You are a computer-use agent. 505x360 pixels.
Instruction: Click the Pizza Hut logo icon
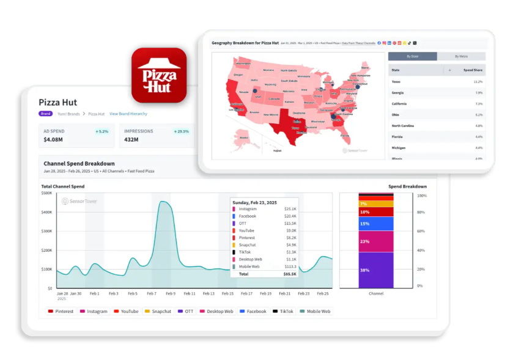[x=158, y=75]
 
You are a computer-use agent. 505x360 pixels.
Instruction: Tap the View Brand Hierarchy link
[x=128, y=114]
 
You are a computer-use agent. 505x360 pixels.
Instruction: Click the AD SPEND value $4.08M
[x=54, y=140]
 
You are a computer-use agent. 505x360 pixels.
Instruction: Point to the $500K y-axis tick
[x=46, y=193]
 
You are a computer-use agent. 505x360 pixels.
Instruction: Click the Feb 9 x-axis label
[x=170, y=293]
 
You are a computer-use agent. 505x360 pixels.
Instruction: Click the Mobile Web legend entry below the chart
[x=315, y=311]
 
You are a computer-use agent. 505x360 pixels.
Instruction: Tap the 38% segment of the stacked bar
[x=364, y=270]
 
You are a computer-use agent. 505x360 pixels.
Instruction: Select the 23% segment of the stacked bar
[x=364, y=241]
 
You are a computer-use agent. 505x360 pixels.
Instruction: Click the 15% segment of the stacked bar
[x=364, y=224]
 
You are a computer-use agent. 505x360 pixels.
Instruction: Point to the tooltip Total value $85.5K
[x=289, y=274]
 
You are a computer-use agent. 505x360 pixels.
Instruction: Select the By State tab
[x=412, y=56]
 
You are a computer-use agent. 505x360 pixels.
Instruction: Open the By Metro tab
[x=461, y=56]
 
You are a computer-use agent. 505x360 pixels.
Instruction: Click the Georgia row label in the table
[x=399, y=93]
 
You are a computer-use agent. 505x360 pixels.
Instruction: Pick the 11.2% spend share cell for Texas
[x=477, y=81]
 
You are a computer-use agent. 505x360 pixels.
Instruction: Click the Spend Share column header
[x=473, y=70]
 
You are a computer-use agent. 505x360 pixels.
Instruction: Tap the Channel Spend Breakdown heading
[x=79, y=164]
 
